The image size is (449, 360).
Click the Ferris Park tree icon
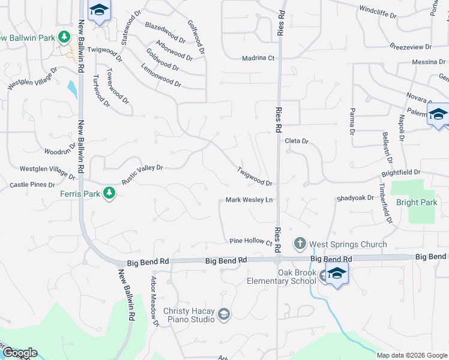[109, 193]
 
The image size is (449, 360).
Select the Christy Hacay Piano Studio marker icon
[224, 314]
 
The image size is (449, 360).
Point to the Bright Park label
[416, 202]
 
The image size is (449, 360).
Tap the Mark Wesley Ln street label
[249, 200]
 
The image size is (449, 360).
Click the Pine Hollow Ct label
[251, 241]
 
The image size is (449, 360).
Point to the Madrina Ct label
[258, 58]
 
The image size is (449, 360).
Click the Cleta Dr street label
[296, 141]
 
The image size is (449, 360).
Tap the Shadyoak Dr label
[355, 198]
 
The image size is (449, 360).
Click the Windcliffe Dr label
[378, 10]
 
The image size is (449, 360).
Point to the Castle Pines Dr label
[32, 185]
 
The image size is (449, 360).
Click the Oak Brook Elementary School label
[281, 276]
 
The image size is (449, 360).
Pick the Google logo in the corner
[19, 353]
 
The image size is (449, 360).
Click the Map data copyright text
[411, 355]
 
